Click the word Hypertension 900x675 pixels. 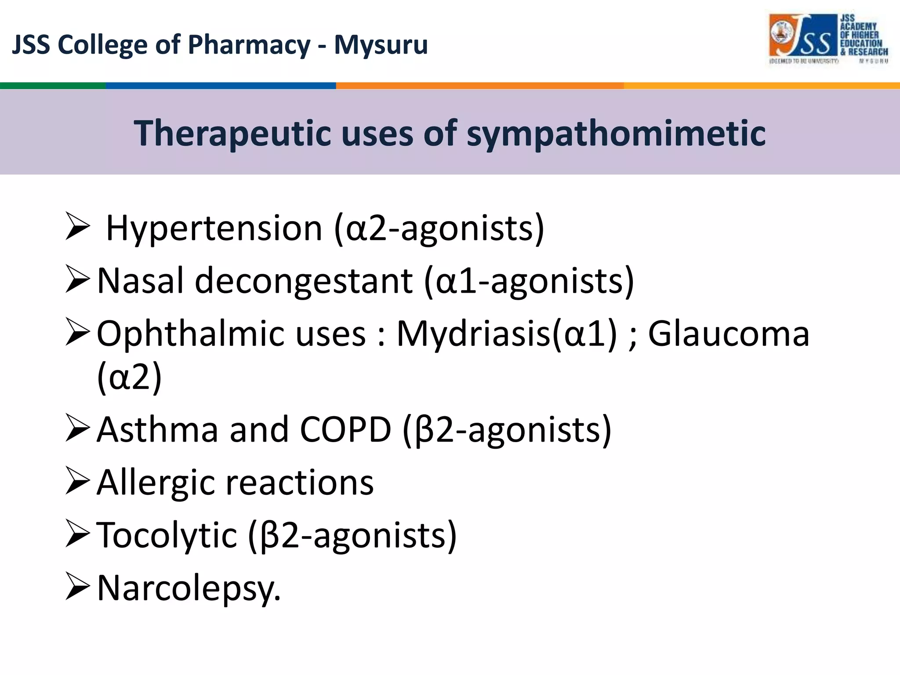[x=214, y=229]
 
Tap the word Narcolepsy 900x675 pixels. [x=188, y=588]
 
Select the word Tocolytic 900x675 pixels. [x=167, y=535]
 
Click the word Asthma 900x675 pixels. [x=157, y=430]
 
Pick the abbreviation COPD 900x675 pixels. [x=345, y=430]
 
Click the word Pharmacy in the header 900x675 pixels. [x=249, y=45]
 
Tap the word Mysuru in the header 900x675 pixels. [x=381, y=45]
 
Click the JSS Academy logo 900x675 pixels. [x=829, y=39]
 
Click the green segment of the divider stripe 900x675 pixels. [x=53, y=86]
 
